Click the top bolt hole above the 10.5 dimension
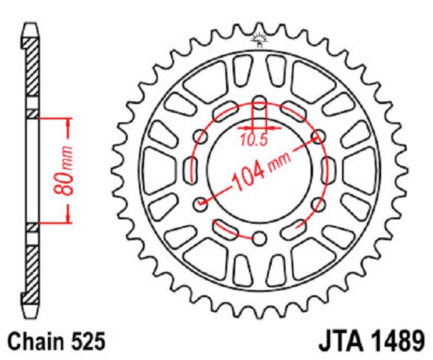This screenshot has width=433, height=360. [x=259, y=103]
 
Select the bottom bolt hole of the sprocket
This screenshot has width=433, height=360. [x=259, y=238]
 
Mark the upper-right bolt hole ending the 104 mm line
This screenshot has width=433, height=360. [x=318, y=137]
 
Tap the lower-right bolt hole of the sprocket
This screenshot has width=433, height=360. [x=318, y=204]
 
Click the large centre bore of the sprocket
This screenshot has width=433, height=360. [x=259, y=196]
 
